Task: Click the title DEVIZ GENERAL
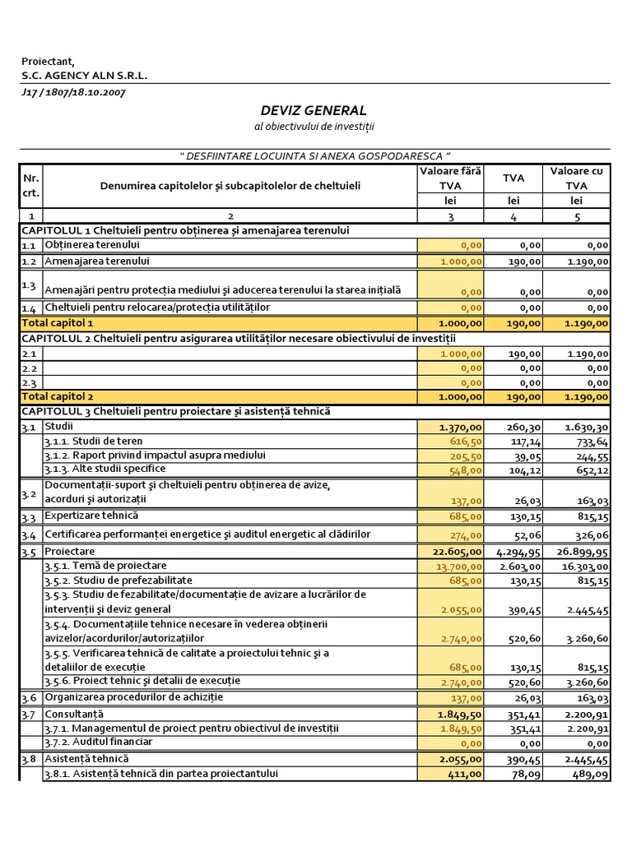313,110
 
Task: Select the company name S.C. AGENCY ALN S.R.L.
85,75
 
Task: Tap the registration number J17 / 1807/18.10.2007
73,91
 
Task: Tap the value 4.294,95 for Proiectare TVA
517,552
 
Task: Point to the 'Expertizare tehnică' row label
91,516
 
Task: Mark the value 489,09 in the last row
592,774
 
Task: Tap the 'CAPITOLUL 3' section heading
175,411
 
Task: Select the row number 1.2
30,261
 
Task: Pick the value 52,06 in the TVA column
526,535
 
